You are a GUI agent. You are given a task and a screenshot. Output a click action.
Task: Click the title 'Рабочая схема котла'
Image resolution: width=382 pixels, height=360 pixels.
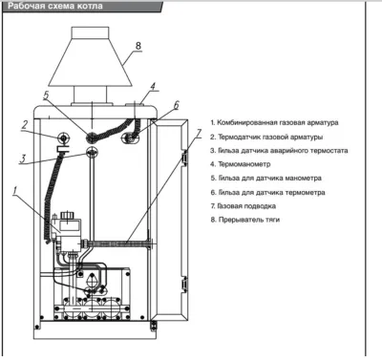click(55, 6)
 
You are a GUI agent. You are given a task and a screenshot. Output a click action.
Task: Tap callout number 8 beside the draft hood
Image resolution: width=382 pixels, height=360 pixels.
click(138, 46)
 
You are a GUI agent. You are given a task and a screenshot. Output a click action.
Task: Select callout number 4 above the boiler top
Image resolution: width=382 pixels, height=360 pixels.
click(153, 87)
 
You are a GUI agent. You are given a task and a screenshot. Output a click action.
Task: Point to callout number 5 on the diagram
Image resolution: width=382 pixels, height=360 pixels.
click(46, 95)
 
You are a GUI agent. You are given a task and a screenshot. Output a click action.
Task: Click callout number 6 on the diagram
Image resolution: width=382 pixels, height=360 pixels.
click(176, 105)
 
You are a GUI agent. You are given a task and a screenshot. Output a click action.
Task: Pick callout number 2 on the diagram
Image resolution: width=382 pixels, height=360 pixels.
click(25, 125)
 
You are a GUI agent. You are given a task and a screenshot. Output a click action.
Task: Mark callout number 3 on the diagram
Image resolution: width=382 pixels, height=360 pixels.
click(23, 159)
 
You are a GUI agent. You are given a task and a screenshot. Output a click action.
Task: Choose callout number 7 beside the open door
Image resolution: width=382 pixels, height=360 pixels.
click(199, 134)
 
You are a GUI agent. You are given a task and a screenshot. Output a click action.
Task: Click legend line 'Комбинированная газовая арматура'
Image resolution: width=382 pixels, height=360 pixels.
click(274, 122)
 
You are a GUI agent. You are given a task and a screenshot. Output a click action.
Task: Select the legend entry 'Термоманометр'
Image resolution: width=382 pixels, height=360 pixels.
click(241, 164)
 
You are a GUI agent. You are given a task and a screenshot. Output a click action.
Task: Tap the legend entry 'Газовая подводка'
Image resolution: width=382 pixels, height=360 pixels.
click(244, 206)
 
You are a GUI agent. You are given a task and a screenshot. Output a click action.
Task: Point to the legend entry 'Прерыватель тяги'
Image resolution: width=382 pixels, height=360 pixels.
click(245, 220)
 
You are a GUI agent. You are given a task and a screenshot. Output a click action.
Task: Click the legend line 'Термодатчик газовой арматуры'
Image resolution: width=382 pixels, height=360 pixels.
click(266, 137)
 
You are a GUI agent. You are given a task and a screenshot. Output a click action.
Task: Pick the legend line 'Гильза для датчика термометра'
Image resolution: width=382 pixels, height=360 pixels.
click(267, 193)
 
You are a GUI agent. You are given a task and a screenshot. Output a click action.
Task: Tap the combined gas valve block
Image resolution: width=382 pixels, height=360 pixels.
click(68, 231)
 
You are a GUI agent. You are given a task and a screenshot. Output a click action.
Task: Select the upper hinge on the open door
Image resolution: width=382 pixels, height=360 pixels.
click(184, 157)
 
